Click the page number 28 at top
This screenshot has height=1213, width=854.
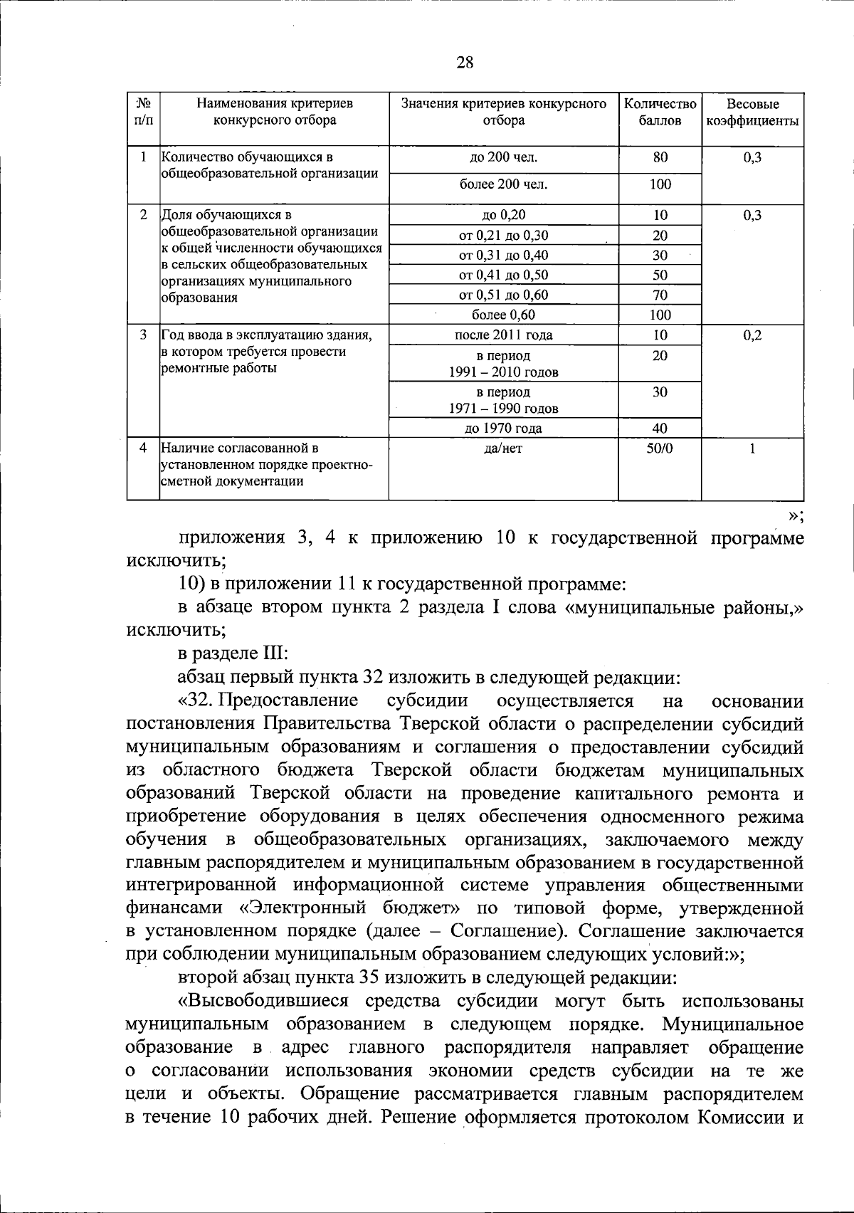465,62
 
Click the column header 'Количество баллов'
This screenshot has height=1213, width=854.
660,112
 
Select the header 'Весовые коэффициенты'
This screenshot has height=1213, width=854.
752,112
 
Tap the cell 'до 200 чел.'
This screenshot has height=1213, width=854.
504,157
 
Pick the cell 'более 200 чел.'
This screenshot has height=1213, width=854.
504,184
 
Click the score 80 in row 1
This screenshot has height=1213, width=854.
660,157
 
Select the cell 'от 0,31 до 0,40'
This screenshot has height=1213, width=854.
504,255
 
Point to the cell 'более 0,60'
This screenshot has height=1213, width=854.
504,315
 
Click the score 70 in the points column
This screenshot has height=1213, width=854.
660,295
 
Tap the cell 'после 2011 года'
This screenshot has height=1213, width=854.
504,335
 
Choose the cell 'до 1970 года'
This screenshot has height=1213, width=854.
504,428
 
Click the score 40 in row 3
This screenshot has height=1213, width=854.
660,428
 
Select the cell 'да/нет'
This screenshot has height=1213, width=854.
504,448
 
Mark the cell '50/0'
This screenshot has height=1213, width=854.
660,448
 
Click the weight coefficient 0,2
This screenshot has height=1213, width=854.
752,335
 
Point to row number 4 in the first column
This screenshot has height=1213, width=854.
143,448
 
